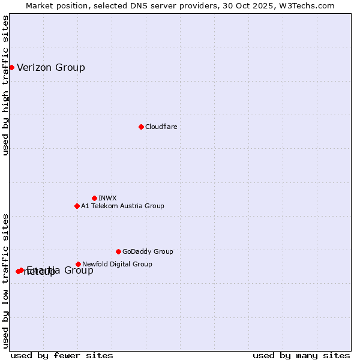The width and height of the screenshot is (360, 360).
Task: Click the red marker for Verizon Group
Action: [x=11, y=67]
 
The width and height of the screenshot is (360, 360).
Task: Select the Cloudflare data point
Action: [x=141, y=127]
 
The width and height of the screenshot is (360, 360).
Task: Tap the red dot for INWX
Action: [x=94, y=198]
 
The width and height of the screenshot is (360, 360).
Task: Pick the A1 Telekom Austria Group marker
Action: [x=77, y=206]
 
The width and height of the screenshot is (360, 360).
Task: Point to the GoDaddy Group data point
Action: [x=118, y=251]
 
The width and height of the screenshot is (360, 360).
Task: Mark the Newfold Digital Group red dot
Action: [x=78, y=264]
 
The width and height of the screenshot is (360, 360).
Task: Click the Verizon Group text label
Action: [x=51, y=67]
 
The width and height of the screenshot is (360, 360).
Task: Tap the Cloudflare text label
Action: [x=161, y=127]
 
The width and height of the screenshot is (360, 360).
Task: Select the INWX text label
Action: [x=108, y=198]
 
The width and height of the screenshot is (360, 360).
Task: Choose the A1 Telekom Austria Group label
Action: [x=122, y=206]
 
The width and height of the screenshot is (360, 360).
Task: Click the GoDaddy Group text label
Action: [x=148, y=251]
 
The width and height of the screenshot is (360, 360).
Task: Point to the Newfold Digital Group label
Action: [x=117, y=264]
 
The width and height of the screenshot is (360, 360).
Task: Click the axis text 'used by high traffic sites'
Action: [x=6, y=85]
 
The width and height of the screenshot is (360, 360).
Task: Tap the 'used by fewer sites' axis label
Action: [x=62, y=355]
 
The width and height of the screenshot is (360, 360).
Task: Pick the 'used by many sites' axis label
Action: [x=301, y=355]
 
